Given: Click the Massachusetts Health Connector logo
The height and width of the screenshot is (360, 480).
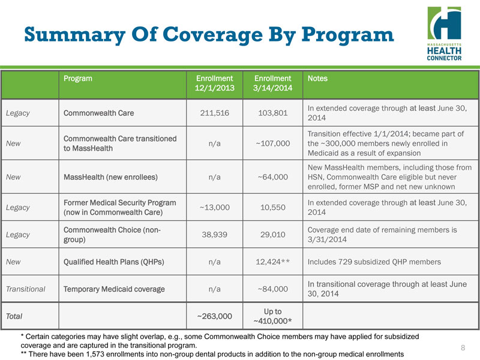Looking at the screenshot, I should (445, 33).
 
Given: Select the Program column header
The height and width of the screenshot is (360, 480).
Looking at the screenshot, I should (77, 78).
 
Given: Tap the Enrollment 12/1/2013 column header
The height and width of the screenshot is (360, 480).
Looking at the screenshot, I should (214, 83).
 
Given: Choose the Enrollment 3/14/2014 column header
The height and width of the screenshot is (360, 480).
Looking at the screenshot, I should (273, 83).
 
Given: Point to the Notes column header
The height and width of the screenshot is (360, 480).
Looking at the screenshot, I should (317, 78).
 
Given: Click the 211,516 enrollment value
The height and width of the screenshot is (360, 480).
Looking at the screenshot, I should (214, 113).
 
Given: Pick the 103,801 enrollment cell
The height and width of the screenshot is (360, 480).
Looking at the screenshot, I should (273, 113).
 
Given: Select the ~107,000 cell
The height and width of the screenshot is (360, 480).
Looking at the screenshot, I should (273, 143).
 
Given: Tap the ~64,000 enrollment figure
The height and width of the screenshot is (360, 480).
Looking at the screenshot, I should (273, 177).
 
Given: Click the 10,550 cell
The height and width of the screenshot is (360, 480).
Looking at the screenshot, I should (273, 206).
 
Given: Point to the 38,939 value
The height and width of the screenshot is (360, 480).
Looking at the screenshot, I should (214, 235).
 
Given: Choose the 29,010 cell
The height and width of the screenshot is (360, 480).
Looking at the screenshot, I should (273, 235).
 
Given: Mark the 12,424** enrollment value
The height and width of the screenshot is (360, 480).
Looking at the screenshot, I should (273, 262).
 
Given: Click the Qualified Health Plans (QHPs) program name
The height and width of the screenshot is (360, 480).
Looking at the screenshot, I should (114, 262).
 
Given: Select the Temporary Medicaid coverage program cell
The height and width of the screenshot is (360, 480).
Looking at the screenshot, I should (114, 289).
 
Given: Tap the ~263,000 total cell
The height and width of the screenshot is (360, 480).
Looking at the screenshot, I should (214, 316).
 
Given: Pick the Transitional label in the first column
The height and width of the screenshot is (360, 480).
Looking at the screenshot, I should (25, 289).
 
